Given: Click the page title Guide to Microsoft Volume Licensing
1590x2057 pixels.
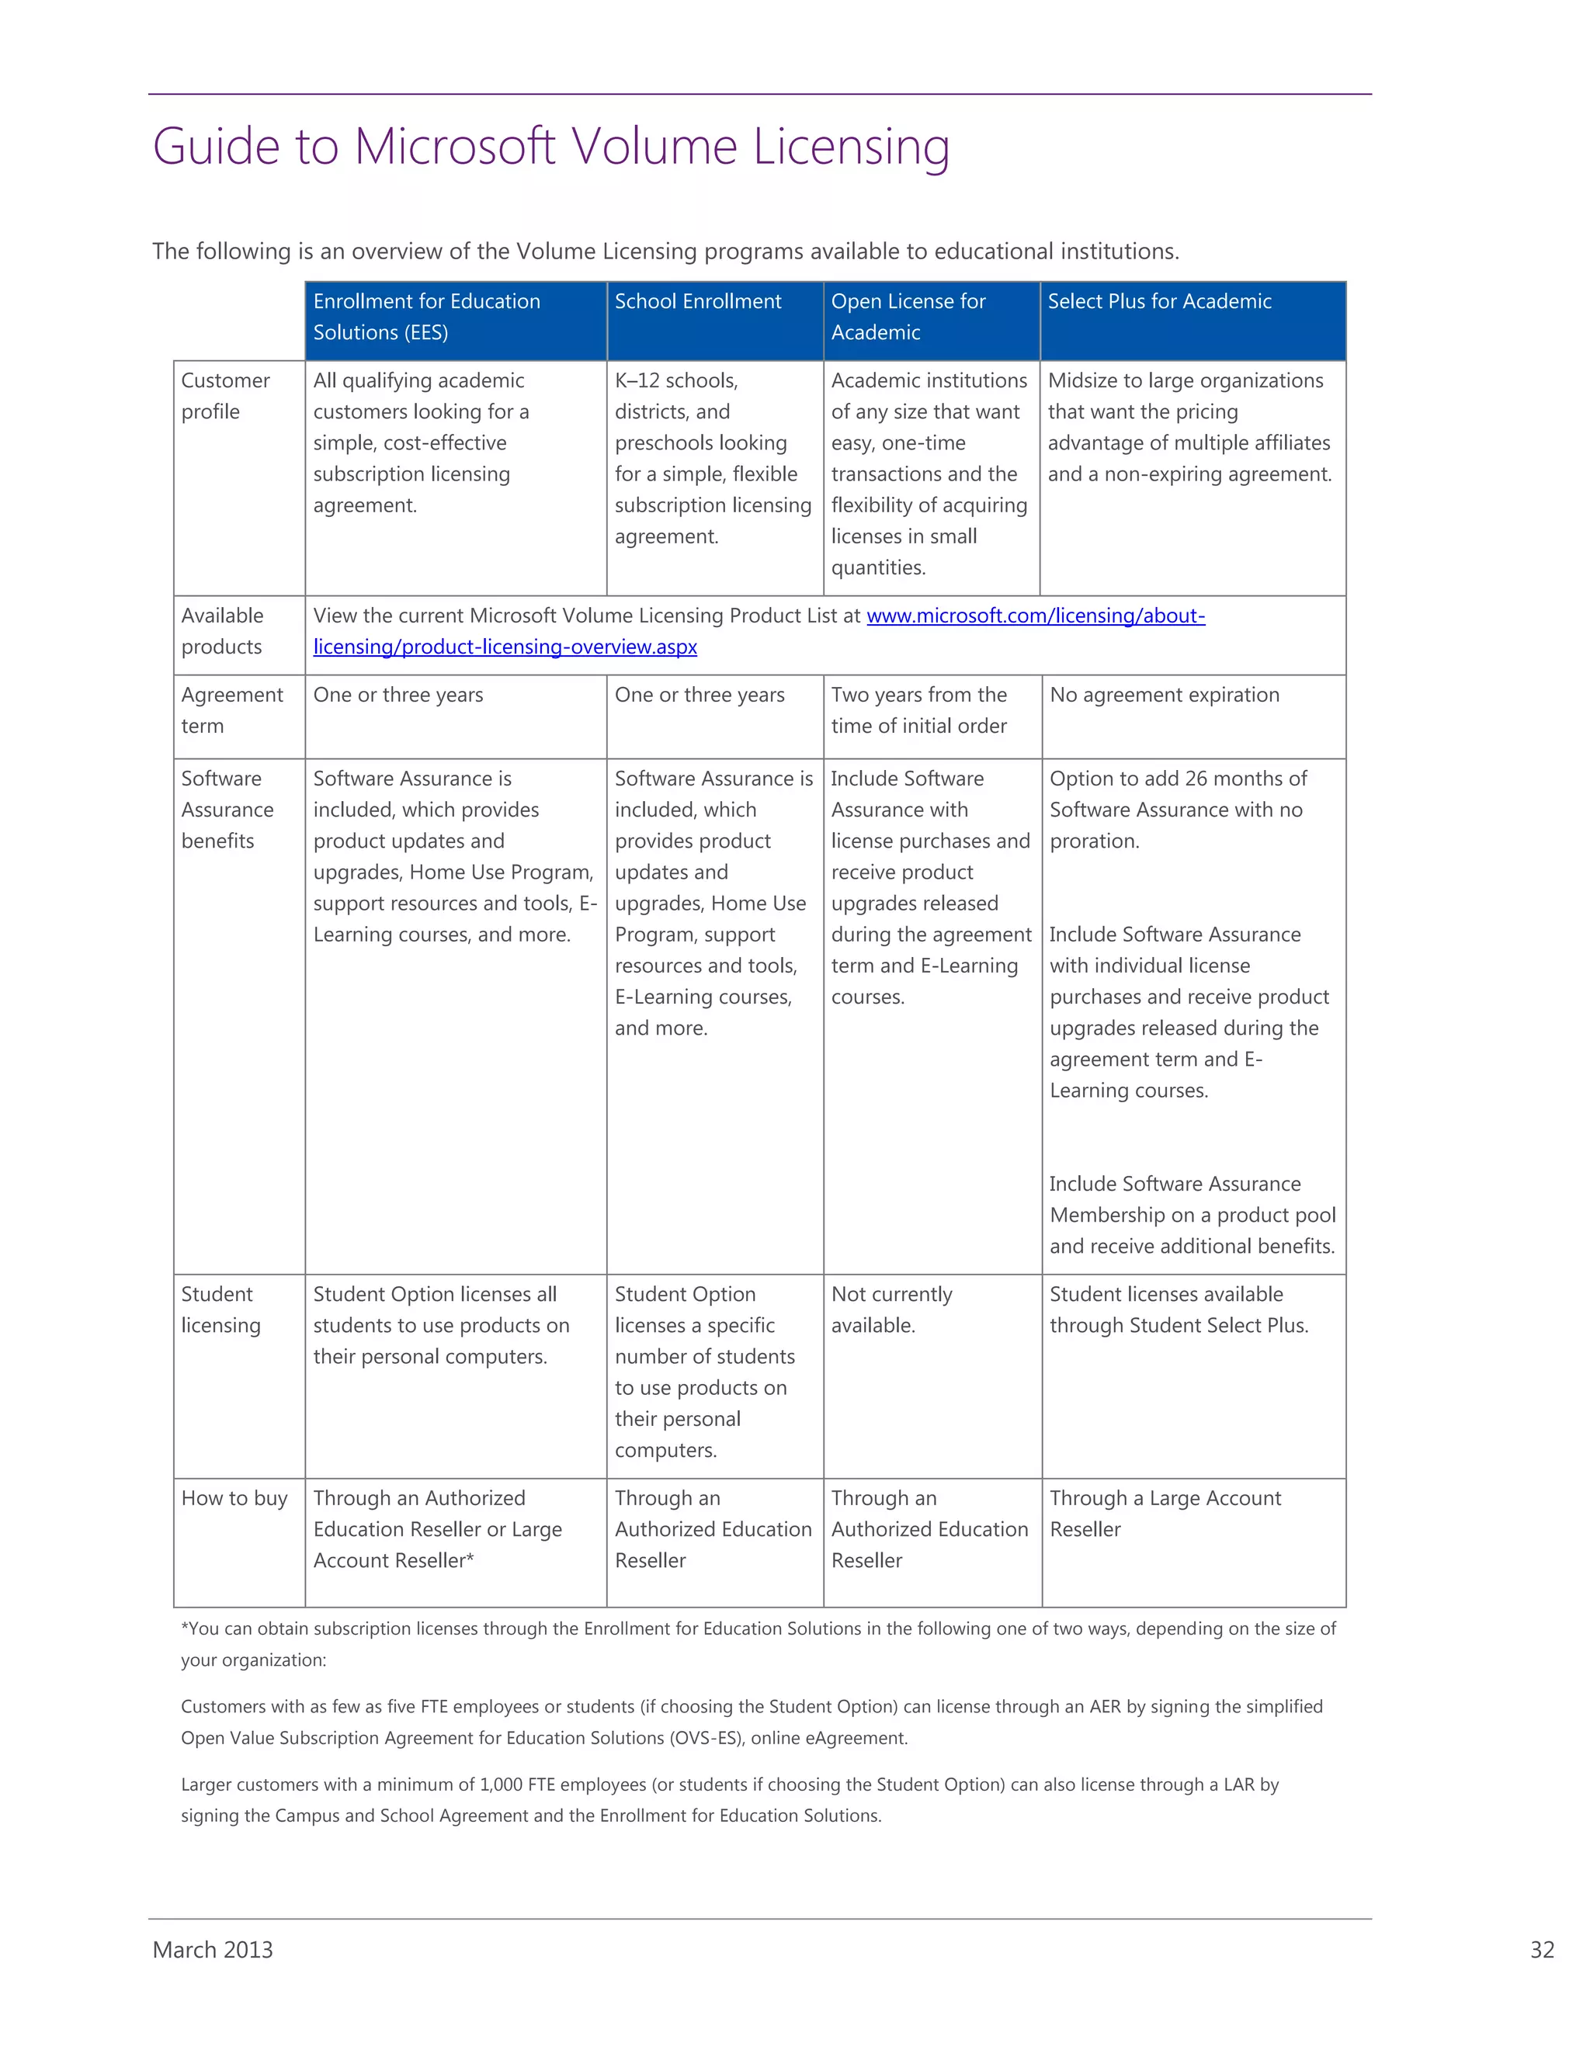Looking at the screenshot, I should (x=551, y=147).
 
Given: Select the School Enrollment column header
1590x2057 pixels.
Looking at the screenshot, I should (x=698, y=301).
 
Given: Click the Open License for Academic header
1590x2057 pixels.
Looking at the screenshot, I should (x=908, y=317).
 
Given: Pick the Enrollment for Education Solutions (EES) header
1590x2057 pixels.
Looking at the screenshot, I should (x=427, y=317).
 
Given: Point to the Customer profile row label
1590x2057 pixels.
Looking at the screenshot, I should (x=225, y=396).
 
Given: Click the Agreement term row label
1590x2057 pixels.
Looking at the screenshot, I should (x=231, y=710).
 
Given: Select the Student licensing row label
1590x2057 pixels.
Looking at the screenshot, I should (x=220, y=1309).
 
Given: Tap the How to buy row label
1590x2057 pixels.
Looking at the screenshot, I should (x=234, y=1497).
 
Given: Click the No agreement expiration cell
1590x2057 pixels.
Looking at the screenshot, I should (x=1165, y=695).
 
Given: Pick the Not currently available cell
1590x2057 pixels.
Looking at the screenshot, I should (x=891, y=1309).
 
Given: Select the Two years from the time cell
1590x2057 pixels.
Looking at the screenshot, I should (x=918, y=710).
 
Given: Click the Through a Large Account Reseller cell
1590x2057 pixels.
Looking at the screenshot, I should (x=1165, y=1513).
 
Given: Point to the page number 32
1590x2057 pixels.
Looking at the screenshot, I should (x=1542, y=1950).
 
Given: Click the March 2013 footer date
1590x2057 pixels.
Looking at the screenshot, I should (x=213, y=1950).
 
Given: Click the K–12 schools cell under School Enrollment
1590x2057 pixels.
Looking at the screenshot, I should (x=676, y=380).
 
